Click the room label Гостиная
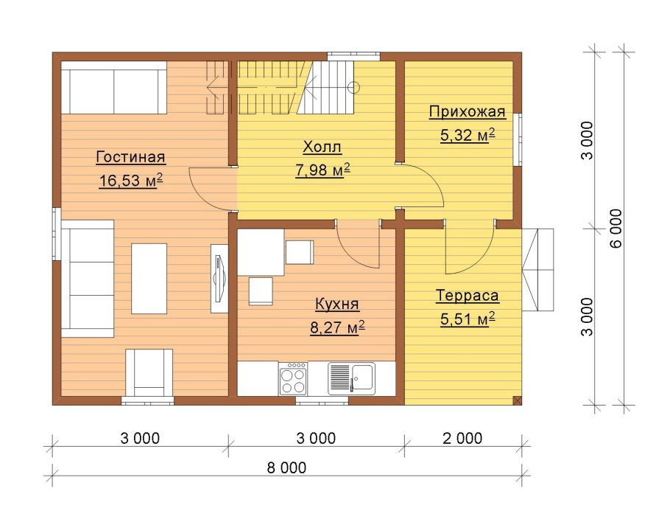[x=131, y=157]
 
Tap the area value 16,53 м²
[x=131, y=181]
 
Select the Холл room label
[x=322, y=147]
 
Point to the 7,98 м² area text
[x=322, y=170]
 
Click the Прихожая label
[x=468, y=111]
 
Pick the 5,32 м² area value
[x=468, y=135]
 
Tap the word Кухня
[x=337, y=304]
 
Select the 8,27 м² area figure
[x=337, y=327]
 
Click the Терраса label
[x=468, y=296]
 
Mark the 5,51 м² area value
[x=468, y=319]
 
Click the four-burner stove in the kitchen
[x=293, y=379]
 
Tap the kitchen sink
[x=352, y=379]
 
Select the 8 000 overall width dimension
[x=286, y=467]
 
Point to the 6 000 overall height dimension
[x=617, y=228]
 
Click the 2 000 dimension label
[x=462, y=438]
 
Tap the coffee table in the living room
[x=149, y=279]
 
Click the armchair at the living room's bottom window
[x=149, y=372]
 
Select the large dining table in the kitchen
[x=261, y=252]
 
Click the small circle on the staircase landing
[x=353, y=87]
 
